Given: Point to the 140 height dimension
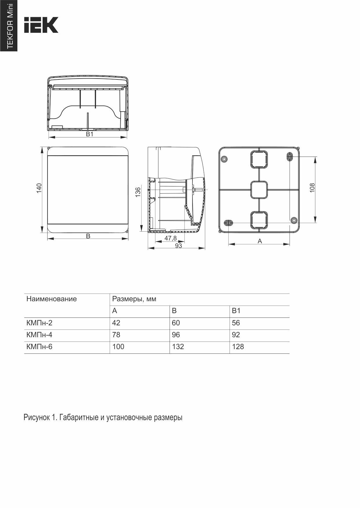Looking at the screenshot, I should click(x=39, y=188).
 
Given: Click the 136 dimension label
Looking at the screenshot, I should click(x=138, y=192).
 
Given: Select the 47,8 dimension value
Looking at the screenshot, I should click(x=170, y=238).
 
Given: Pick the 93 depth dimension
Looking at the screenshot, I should click(x=179, y=246).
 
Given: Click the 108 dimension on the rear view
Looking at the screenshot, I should click(x=312, y=188).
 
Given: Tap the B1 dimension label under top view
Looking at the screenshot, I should click(x=90, y=134).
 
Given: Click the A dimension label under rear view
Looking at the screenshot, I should click(x=260, y=241).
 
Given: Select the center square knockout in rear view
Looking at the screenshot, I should click(x=259, y=190).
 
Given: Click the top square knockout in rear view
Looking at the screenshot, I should click(x=259, y=159).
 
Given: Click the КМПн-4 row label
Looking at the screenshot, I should click(x=39, y=335).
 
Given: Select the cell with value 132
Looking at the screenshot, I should click(x=178, y=347).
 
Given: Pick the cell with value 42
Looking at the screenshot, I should click(x=116, y=323).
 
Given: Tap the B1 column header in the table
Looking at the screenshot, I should click(x=236, y=311).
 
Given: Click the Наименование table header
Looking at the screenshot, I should click(x=52, y=299).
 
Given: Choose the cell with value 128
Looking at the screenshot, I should click(x=238, y=347).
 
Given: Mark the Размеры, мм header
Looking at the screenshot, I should click(x=134, y=299).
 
